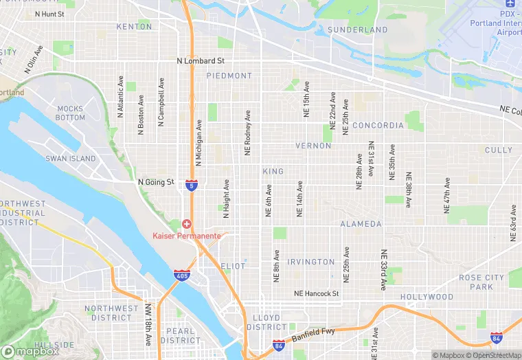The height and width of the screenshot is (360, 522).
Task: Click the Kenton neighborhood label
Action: (134, 27)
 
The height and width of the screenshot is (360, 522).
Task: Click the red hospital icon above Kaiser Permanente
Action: (186, 225)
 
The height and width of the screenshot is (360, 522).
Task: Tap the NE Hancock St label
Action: (317, 293)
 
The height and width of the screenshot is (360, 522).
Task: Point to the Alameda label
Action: (361, 224)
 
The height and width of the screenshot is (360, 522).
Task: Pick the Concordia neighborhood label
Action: (378, 126)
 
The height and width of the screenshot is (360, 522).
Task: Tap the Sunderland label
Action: (358, 30)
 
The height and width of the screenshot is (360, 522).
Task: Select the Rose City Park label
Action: (481, 282)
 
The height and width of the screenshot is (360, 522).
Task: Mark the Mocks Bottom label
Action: (70, 113)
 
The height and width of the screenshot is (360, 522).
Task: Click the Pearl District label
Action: (181, 335)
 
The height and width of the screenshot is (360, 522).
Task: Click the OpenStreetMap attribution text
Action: (495, 355)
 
